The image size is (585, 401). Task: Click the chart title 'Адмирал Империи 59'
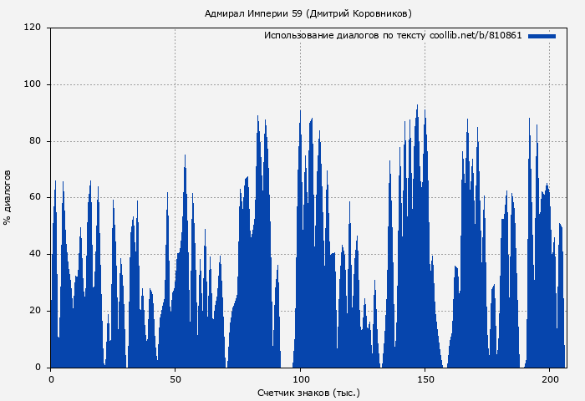pos(254,13)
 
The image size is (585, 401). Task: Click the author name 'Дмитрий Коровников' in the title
pos(359,13)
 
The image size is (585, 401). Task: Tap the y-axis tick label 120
pos(33,28)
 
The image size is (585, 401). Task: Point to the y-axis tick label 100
pos(33,84)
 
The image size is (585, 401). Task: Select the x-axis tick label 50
pos(175,380)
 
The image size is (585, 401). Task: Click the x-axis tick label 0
pos(51,380)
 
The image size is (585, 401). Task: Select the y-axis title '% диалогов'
pos(8,197)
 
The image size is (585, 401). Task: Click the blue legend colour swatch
pos(542,36)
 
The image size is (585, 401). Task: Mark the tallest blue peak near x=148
pos(418,106)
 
